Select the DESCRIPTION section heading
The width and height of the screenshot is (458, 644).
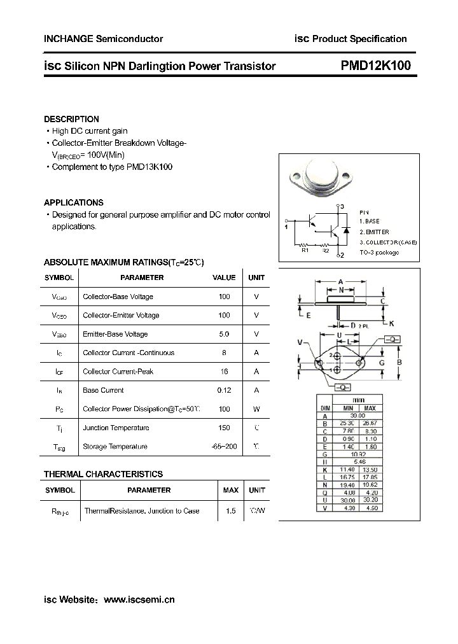tap(71, 119)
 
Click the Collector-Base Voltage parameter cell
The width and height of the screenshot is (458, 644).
tap(118, 297)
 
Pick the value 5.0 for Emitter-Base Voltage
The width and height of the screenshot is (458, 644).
tap(223, 334)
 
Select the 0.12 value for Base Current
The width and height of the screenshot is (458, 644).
tap(223, 390)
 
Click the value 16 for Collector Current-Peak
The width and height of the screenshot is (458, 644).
tap(223, 372)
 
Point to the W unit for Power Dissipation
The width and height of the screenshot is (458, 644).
tap(256, 409)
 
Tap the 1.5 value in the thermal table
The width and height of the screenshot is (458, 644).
tap(230, 510)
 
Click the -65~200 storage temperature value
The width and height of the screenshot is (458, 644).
tap(224, 447)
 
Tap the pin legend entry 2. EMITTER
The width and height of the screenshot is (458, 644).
tap(374, 232)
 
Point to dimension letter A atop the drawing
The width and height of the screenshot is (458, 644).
tap(341, 281)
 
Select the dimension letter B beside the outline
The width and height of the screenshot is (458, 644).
tap(399, 363)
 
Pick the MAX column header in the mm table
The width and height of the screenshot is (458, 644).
tap(370, 407)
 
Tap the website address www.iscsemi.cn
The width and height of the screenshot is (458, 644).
tap(139, 599)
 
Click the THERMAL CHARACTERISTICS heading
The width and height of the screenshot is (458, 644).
tap(103, 474)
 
